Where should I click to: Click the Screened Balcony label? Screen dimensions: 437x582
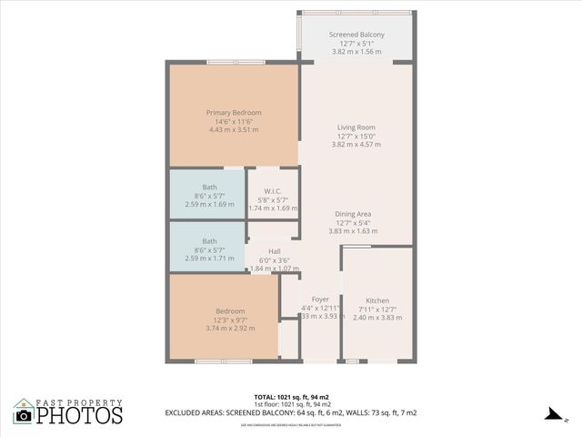point(356,35)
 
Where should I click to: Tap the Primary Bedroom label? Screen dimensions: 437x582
point(234,112)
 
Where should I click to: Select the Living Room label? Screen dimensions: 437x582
point(356,127)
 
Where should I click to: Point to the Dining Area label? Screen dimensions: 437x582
point(354,214)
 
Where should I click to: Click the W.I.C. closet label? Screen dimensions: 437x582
point(273,190)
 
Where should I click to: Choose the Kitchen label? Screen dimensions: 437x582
point(377,300)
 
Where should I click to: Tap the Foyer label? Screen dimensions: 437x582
point(320,300)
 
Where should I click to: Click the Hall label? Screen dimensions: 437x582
point(274,251)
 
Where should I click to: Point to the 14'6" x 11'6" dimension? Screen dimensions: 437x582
point(234,121)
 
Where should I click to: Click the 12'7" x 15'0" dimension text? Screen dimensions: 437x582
point(356,137)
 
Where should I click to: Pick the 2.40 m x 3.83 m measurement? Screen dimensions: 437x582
point(377,318)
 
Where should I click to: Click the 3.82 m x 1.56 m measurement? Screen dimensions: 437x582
point(356,52)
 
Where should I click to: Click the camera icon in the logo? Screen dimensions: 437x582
point(24,415)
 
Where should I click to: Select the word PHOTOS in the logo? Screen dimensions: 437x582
point(80,416)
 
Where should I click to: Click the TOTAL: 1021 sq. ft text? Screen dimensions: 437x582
point(290,397)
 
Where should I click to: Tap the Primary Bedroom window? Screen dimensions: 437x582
point(235,63)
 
